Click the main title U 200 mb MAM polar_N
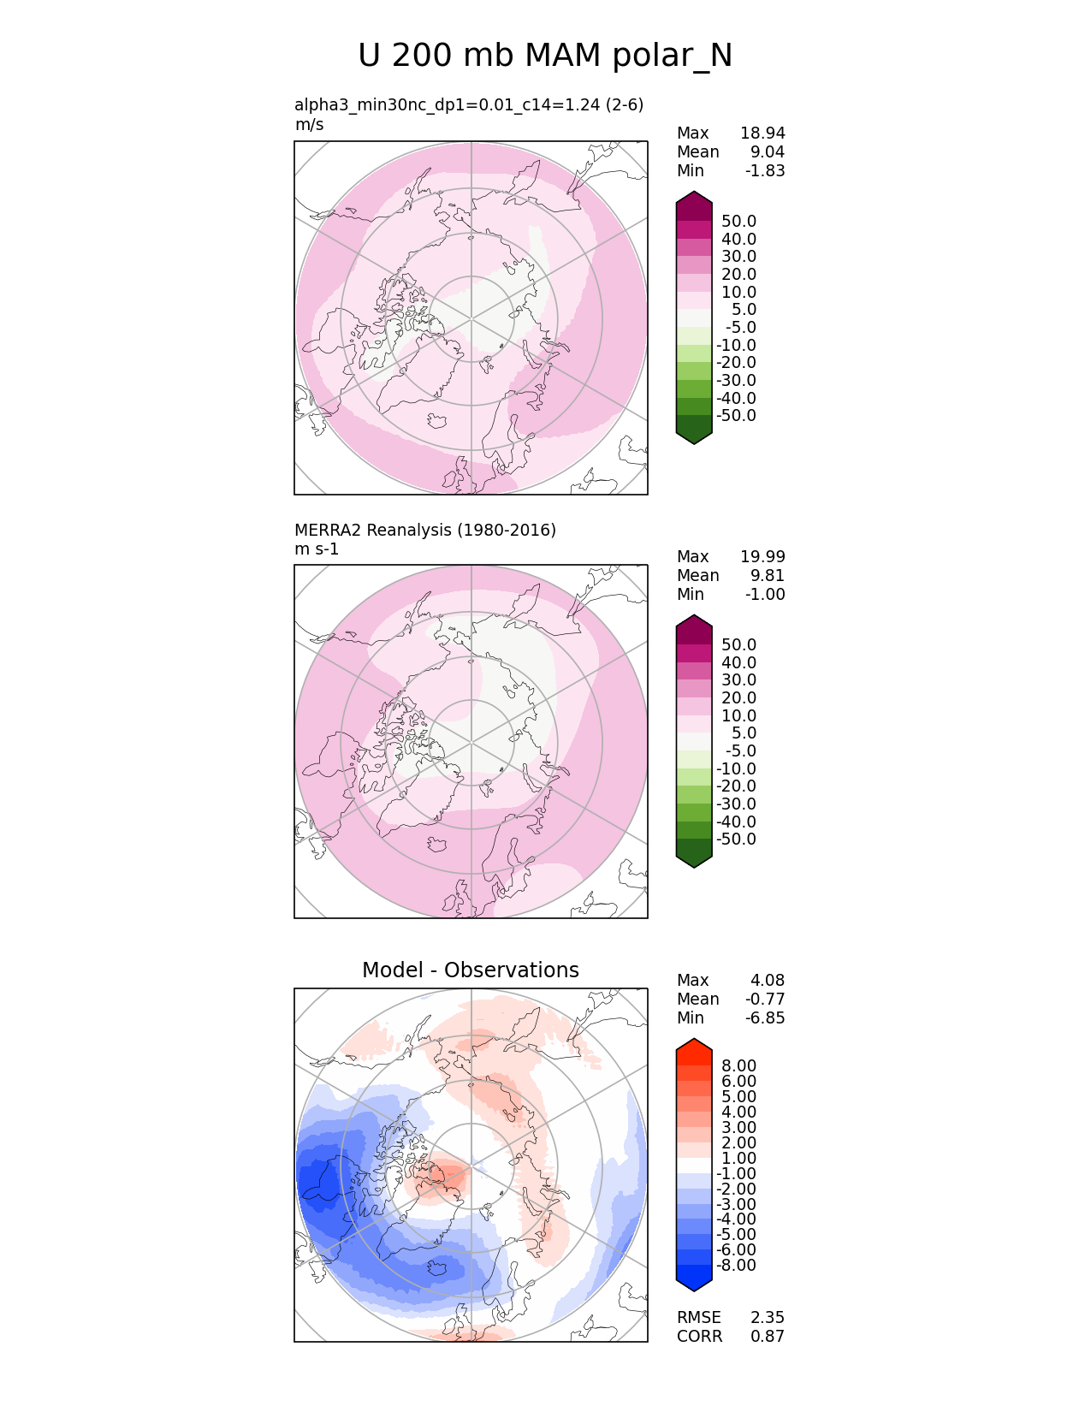pos(545,56)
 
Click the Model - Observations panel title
pos(470,970)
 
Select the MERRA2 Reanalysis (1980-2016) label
pos(424,530)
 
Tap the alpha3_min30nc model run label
pos(468,104)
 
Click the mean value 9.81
pos(767,575)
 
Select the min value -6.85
pos(765,1017)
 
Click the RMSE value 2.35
pos(767,1317)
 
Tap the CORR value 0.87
pos(767,1336)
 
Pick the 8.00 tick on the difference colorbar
pos(738,1065)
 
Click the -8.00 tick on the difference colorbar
pos(736,1265)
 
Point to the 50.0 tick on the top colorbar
pos(738,222)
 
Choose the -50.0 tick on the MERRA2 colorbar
pos(736,839)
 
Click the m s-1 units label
pos(317,549)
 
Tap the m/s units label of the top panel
pos(309,124)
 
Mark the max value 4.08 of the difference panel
pos(767,980)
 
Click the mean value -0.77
pos(765,999)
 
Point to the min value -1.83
pos(765,170)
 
